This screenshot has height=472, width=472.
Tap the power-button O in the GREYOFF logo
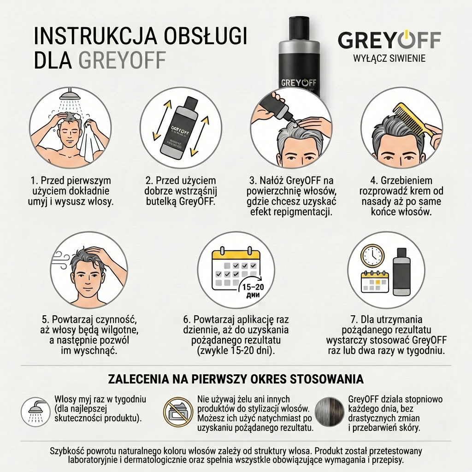tap(407, 40)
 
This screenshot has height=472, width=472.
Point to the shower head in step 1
tap(69, 95)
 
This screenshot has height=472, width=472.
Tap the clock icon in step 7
tap(373, 255)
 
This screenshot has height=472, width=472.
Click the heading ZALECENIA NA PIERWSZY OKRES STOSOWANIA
tap(236, 379)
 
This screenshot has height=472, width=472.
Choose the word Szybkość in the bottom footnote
tap(69, 451)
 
